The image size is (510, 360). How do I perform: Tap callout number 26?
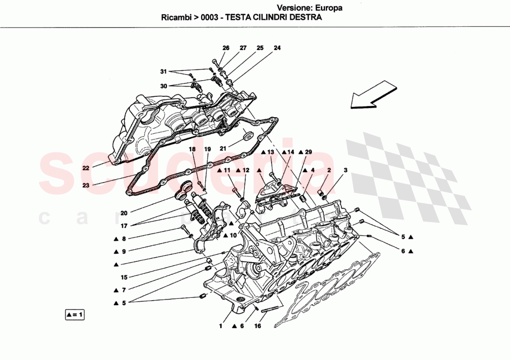(x=226, y=48)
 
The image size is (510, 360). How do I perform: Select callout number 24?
(x=277, y=48)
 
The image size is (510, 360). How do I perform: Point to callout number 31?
(x=163, y=71)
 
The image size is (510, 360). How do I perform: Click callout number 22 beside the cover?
(x=86, y=168)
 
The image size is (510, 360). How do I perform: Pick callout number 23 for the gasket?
(x=86, y=185)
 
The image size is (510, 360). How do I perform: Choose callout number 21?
(x=223, y=149)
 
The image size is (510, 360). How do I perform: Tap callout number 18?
(x=192, y=149)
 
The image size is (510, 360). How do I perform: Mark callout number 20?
(x=124, y=213)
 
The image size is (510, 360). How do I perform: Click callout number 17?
(x=124, y=227)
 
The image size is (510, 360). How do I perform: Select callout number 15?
(x=124, y=278)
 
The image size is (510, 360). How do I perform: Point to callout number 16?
(x=258, y=326)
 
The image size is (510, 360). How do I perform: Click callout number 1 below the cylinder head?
(x=221, y=326)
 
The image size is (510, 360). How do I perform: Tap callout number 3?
(x=345, y=171)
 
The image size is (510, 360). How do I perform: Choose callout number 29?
(x=309, y=152)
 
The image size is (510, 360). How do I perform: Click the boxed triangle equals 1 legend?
(x=75, y=315)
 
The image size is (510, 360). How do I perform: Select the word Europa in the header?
(x=329, y=8)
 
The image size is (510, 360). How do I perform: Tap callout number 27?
(x=243, y=48)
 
